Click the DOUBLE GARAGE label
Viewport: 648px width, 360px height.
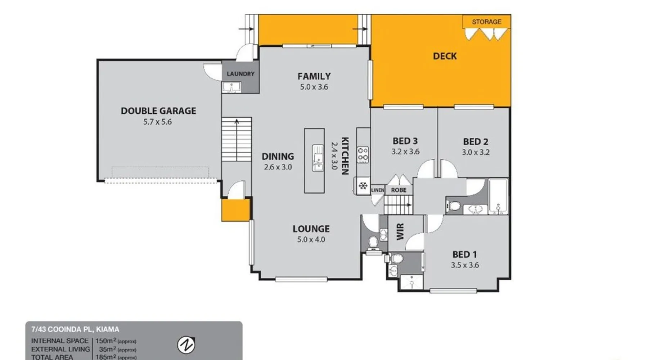[158, 111]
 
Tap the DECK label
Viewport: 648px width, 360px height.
[445, 56]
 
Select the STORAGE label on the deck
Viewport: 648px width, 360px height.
[486, 22]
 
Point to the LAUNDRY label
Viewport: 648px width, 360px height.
[240, 74]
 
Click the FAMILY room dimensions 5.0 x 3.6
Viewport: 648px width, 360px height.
[314, 87]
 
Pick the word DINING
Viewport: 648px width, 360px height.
[278, 157]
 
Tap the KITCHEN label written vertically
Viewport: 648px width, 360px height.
[345, 156]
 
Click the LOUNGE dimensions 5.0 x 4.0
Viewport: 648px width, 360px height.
[311, 239]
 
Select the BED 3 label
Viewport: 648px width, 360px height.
[405, 141]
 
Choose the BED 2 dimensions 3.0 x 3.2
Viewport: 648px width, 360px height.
[476, 152]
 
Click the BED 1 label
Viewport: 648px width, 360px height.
[464, 255]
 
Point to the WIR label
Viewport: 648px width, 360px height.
[400, 231]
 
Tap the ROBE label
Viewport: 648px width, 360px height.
[399, 190]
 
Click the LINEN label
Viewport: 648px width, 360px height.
[378, 190]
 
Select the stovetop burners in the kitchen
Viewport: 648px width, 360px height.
[363, 154]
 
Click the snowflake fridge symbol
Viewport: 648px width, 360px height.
[363, 186]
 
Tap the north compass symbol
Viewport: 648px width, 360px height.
[186, 345]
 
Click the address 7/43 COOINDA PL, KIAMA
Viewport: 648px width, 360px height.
[75, 329]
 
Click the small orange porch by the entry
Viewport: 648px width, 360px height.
[235, 210]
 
